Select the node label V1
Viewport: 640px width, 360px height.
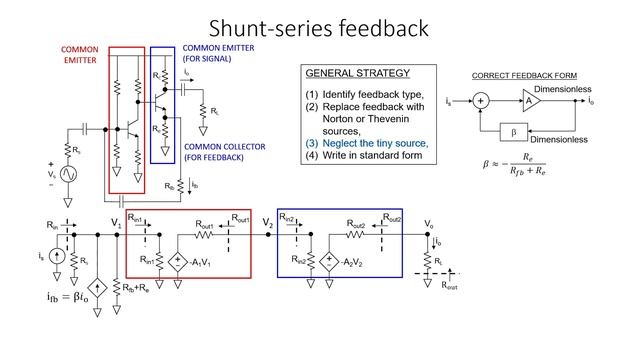click(116, 222)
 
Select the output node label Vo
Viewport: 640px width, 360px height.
click(429, 223)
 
